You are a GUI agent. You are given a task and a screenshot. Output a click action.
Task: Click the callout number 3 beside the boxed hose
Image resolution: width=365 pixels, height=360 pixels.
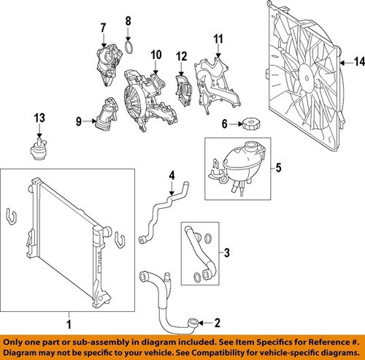pyautogui.click(x=226, y=253)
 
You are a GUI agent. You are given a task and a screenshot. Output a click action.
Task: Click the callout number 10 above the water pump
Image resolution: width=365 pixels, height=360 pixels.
pyautogui.click(x=155, y=55)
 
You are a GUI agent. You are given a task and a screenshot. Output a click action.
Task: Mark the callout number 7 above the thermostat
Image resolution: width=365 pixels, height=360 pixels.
pyautogui.click(x=102, y=28)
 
